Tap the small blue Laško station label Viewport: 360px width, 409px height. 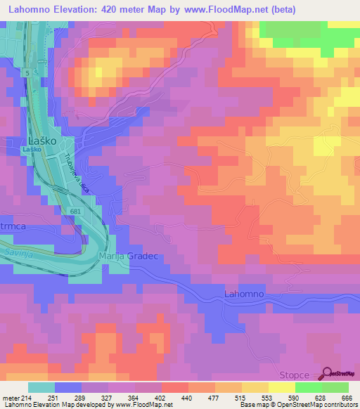click(x=32, y=150)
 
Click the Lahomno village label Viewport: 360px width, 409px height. click(x=244, y=293)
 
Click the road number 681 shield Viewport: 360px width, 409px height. click(x=77, y=211)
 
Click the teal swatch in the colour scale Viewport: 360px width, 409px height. click(x=41, y=387)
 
